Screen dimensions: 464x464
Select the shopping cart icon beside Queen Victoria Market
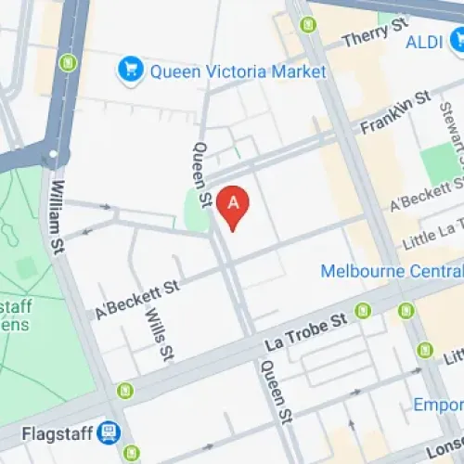coord(132,70)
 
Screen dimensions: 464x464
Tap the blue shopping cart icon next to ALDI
coord(457,40)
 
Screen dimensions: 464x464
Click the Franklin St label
coord(395,110)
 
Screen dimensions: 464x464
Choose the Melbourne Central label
coord(390,271)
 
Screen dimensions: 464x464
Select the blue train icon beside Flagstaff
coord(110,432)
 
